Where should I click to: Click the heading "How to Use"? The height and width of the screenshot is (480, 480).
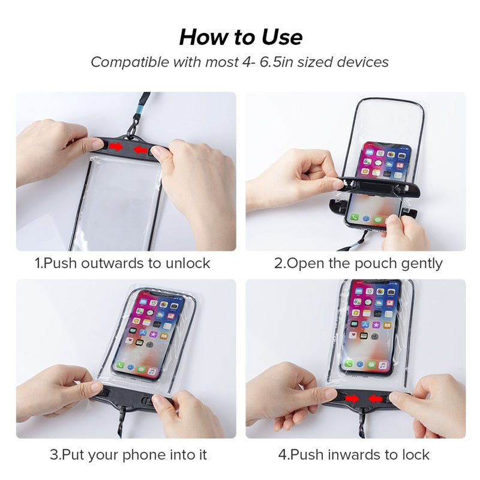pyautogui.click(x=240, y=37)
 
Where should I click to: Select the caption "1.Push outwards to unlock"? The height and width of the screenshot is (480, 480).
pyautogui.click(x=122, y=263)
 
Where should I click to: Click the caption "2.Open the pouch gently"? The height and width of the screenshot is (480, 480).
pyautogui.click(x=358, y=263)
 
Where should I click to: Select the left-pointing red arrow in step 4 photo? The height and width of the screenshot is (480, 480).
pyautogui.click(x=377, y=397)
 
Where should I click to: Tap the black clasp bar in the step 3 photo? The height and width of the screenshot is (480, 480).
pyautogui.click(x=129, y=399)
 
